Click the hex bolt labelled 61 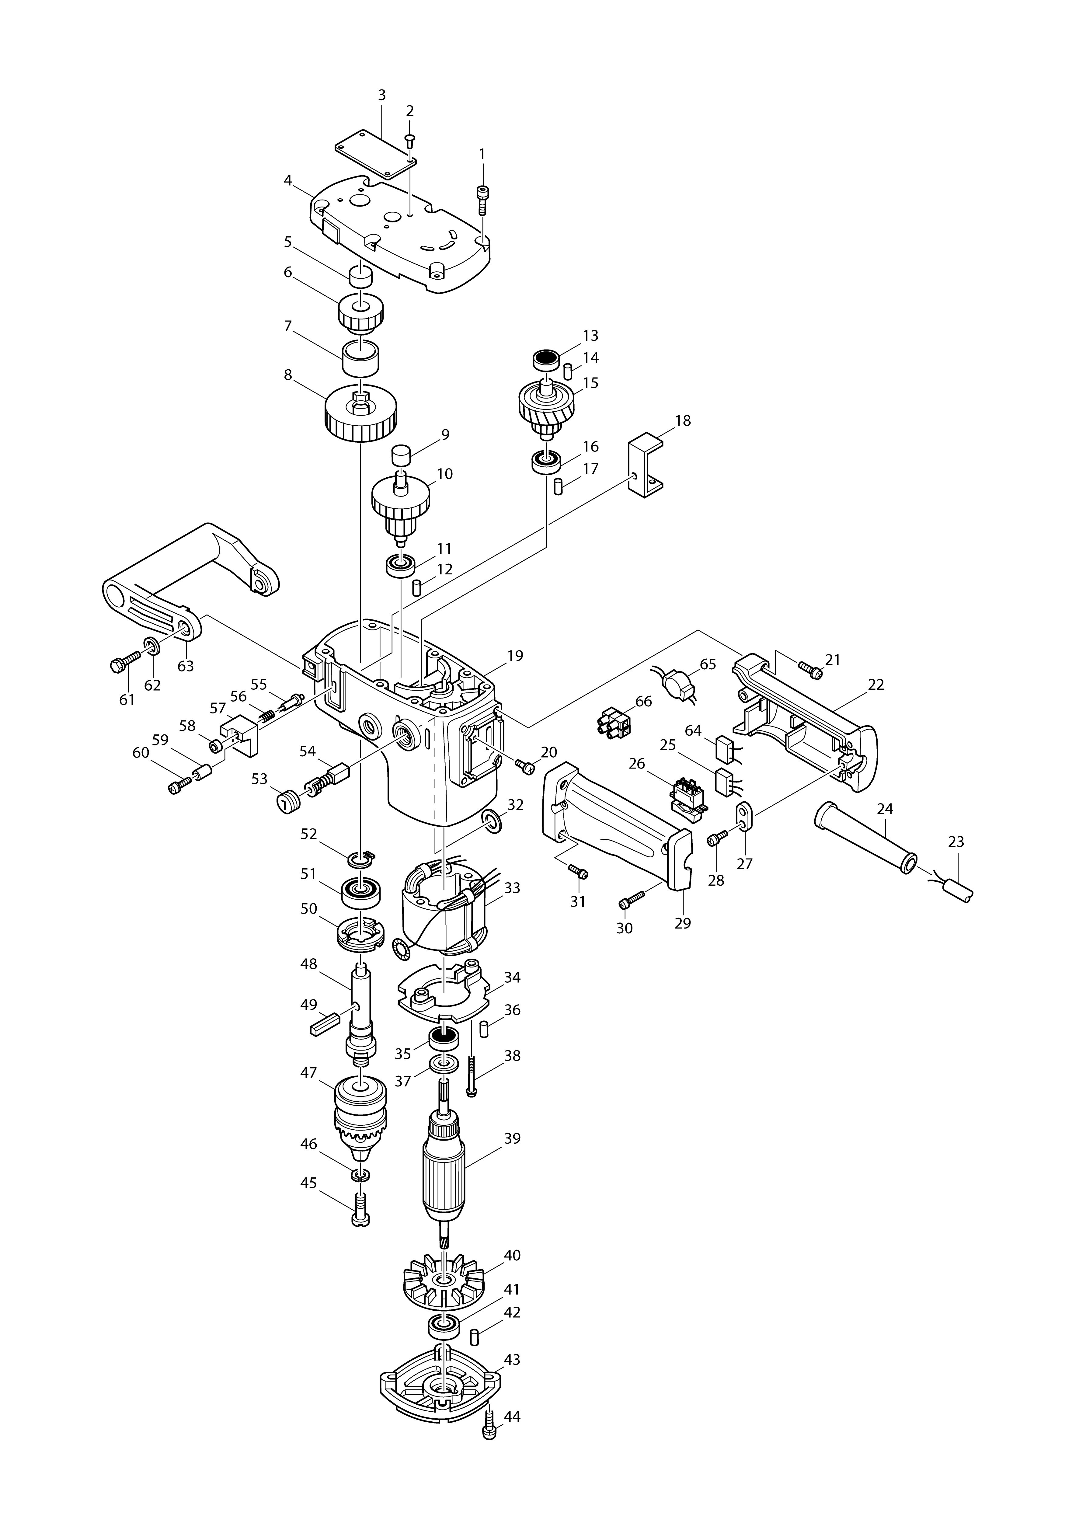(x=122, y=664)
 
